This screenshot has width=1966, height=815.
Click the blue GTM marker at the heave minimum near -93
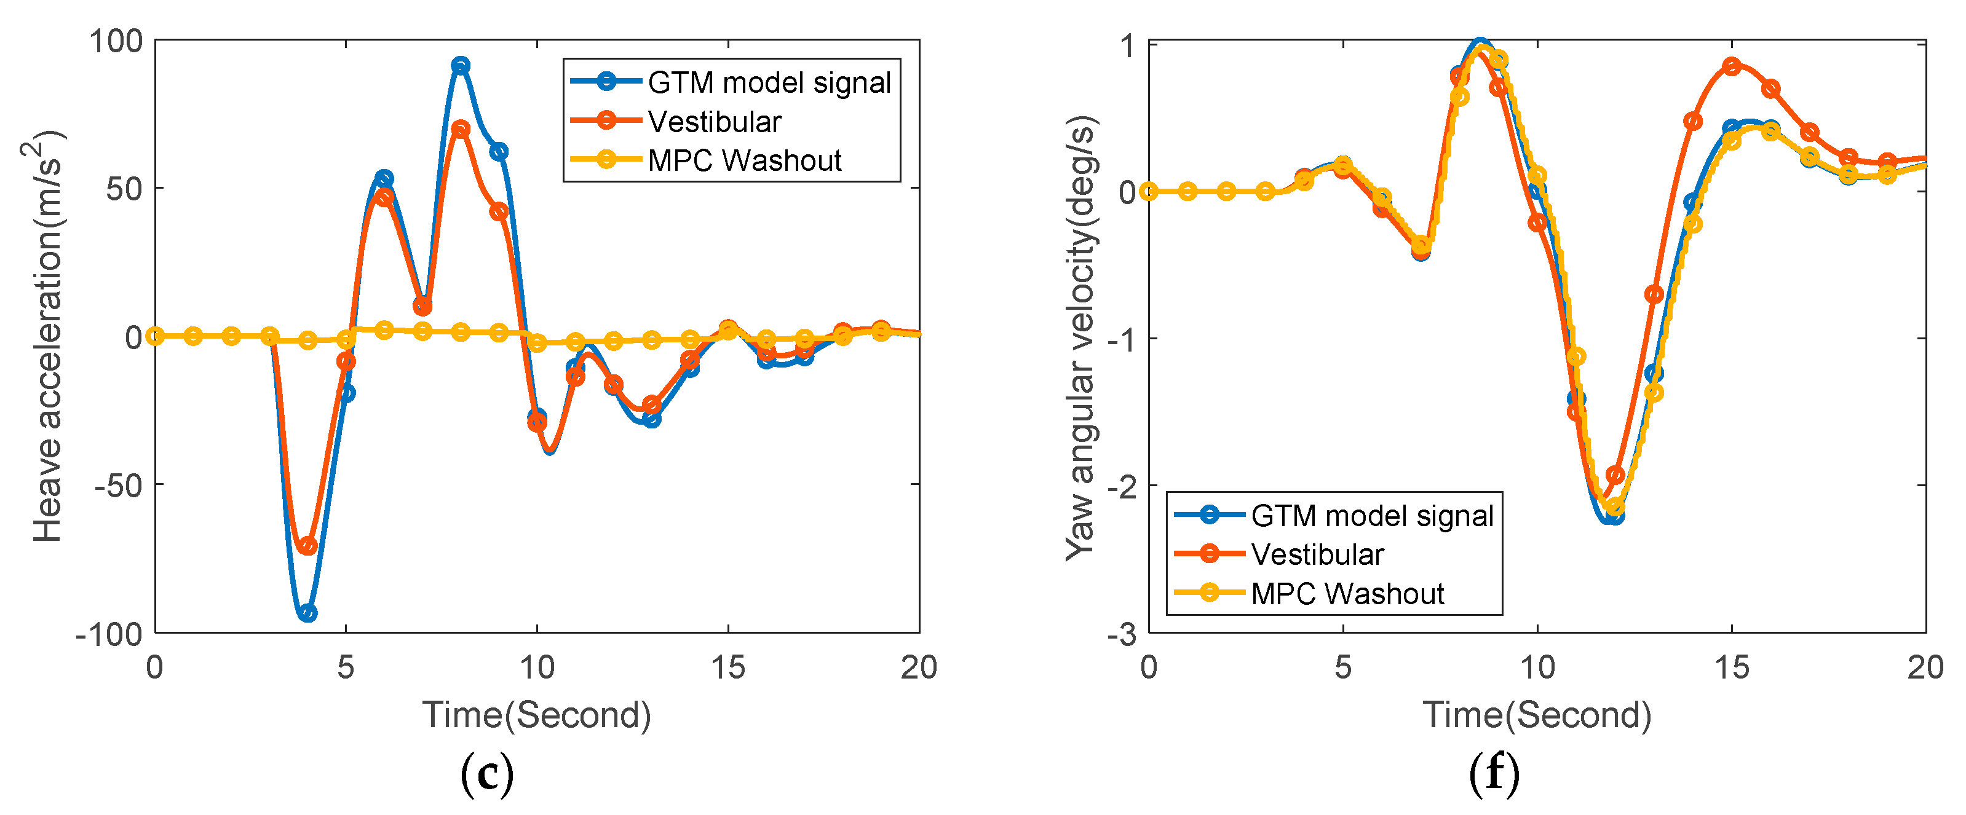[307, 613]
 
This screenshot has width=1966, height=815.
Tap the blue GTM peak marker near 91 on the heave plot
[460, 66]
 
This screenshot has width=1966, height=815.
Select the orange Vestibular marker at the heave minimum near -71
[307, 546]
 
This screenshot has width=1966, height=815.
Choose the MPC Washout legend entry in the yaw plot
[1346, 594]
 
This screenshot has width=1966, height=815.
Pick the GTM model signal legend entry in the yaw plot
[1371, 516]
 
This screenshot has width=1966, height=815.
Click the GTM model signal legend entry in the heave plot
[769, 82]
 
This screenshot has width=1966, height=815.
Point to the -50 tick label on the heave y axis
[118, 486]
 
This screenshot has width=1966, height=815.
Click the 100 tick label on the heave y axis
[116, 41]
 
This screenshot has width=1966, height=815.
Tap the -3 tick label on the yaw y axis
[1122, 635]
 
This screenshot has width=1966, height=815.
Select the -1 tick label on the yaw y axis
[1122, 339]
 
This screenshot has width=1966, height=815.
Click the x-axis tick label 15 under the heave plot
[727, 667]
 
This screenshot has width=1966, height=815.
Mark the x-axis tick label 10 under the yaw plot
[1537, 667]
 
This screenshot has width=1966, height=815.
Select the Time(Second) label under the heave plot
[536, 715]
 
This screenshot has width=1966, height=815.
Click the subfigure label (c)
[487, 774]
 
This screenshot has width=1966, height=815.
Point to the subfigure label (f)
[1494, 774]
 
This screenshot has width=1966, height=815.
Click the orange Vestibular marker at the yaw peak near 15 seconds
[1732, 66]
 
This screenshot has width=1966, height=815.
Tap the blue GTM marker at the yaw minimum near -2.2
[1614, 516]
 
